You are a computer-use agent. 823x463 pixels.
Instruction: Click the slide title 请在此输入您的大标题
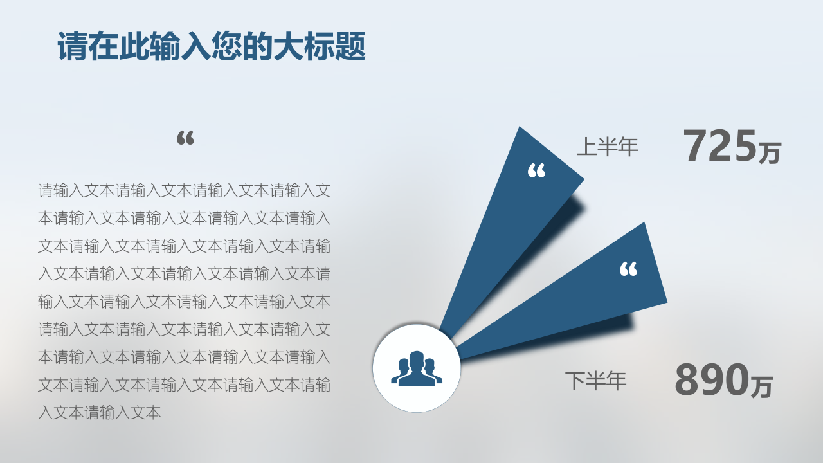(212, 46)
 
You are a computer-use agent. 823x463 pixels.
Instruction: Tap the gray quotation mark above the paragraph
(185, 138)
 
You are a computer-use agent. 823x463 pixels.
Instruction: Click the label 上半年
(608, 147)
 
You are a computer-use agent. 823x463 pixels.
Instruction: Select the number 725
(719, 145)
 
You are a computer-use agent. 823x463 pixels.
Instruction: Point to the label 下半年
(595, 381)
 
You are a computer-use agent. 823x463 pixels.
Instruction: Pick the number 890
(712, 379)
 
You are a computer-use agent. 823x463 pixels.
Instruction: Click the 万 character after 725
(770, 153)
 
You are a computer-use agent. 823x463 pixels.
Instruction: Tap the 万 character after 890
(762, 386)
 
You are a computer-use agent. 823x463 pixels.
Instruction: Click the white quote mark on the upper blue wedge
(536, 171)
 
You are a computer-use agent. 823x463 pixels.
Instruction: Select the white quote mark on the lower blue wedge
(628, 269)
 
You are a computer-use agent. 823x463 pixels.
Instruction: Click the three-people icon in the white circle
(417, 368)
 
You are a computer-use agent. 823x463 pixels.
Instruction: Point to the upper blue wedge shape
(514, 228)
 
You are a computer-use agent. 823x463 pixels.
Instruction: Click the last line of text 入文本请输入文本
(100, 413)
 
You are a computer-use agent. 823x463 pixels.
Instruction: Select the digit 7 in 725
(696, 145)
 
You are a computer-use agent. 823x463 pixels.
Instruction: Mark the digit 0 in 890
(736, 379)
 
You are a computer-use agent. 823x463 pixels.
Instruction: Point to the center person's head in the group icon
(417, 359)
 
